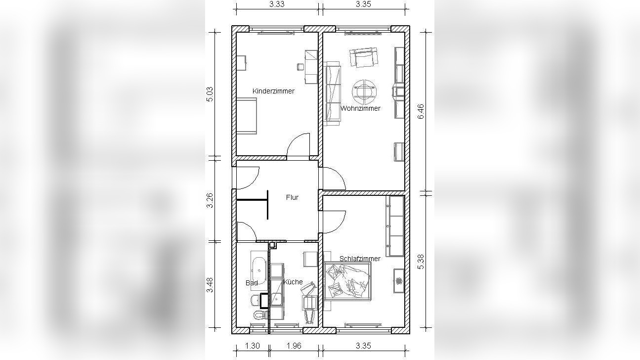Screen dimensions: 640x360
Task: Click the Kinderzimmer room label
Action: [x=273, y=91]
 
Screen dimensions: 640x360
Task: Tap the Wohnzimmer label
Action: [x=360, y=108]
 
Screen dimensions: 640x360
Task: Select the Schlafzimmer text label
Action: [x=360, y=259]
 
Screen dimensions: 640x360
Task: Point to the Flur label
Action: [x=292, y=197]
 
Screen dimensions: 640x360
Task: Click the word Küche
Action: [x=293, y=282]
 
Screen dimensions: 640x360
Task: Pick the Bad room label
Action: [x=252, y=283]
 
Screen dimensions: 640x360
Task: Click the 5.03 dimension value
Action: [x=210, y=94]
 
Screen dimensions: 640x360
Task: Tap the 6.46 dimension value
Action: [x=421, y=111]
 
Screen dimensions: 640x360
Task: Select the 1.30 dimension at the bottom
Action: [x=252, y=346]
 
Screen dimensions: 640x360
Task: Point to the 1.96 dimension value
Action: [x=294, y=346]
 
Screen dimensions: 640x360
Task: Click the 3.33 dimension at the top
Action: [x=277, y=4]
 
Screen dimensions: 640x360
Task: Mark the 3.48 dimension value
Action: [x=210, y=285]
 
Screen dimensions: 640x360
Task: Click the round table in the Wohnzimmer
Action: [x=364, y=92]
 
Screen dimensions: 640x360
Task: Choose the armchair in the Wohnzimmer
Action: [x=364, y=57]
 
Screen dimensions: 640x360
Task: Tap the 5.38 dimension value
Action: [x=421, y=262]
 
